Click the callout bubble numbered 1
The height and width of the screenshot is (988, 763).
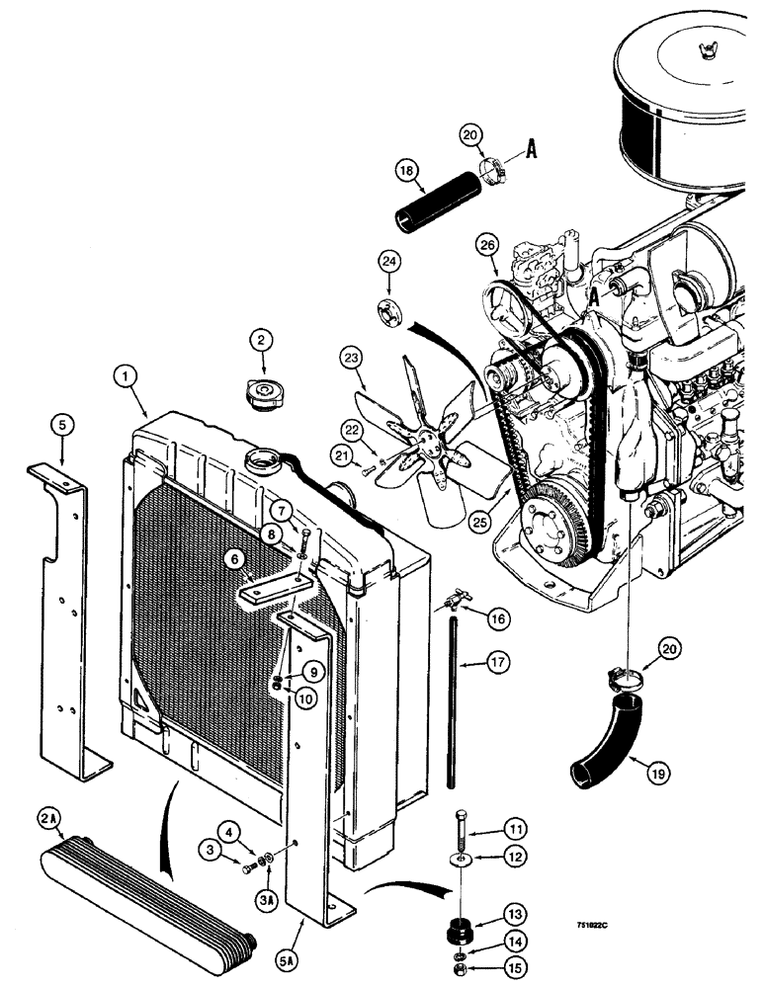(125, 375)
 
